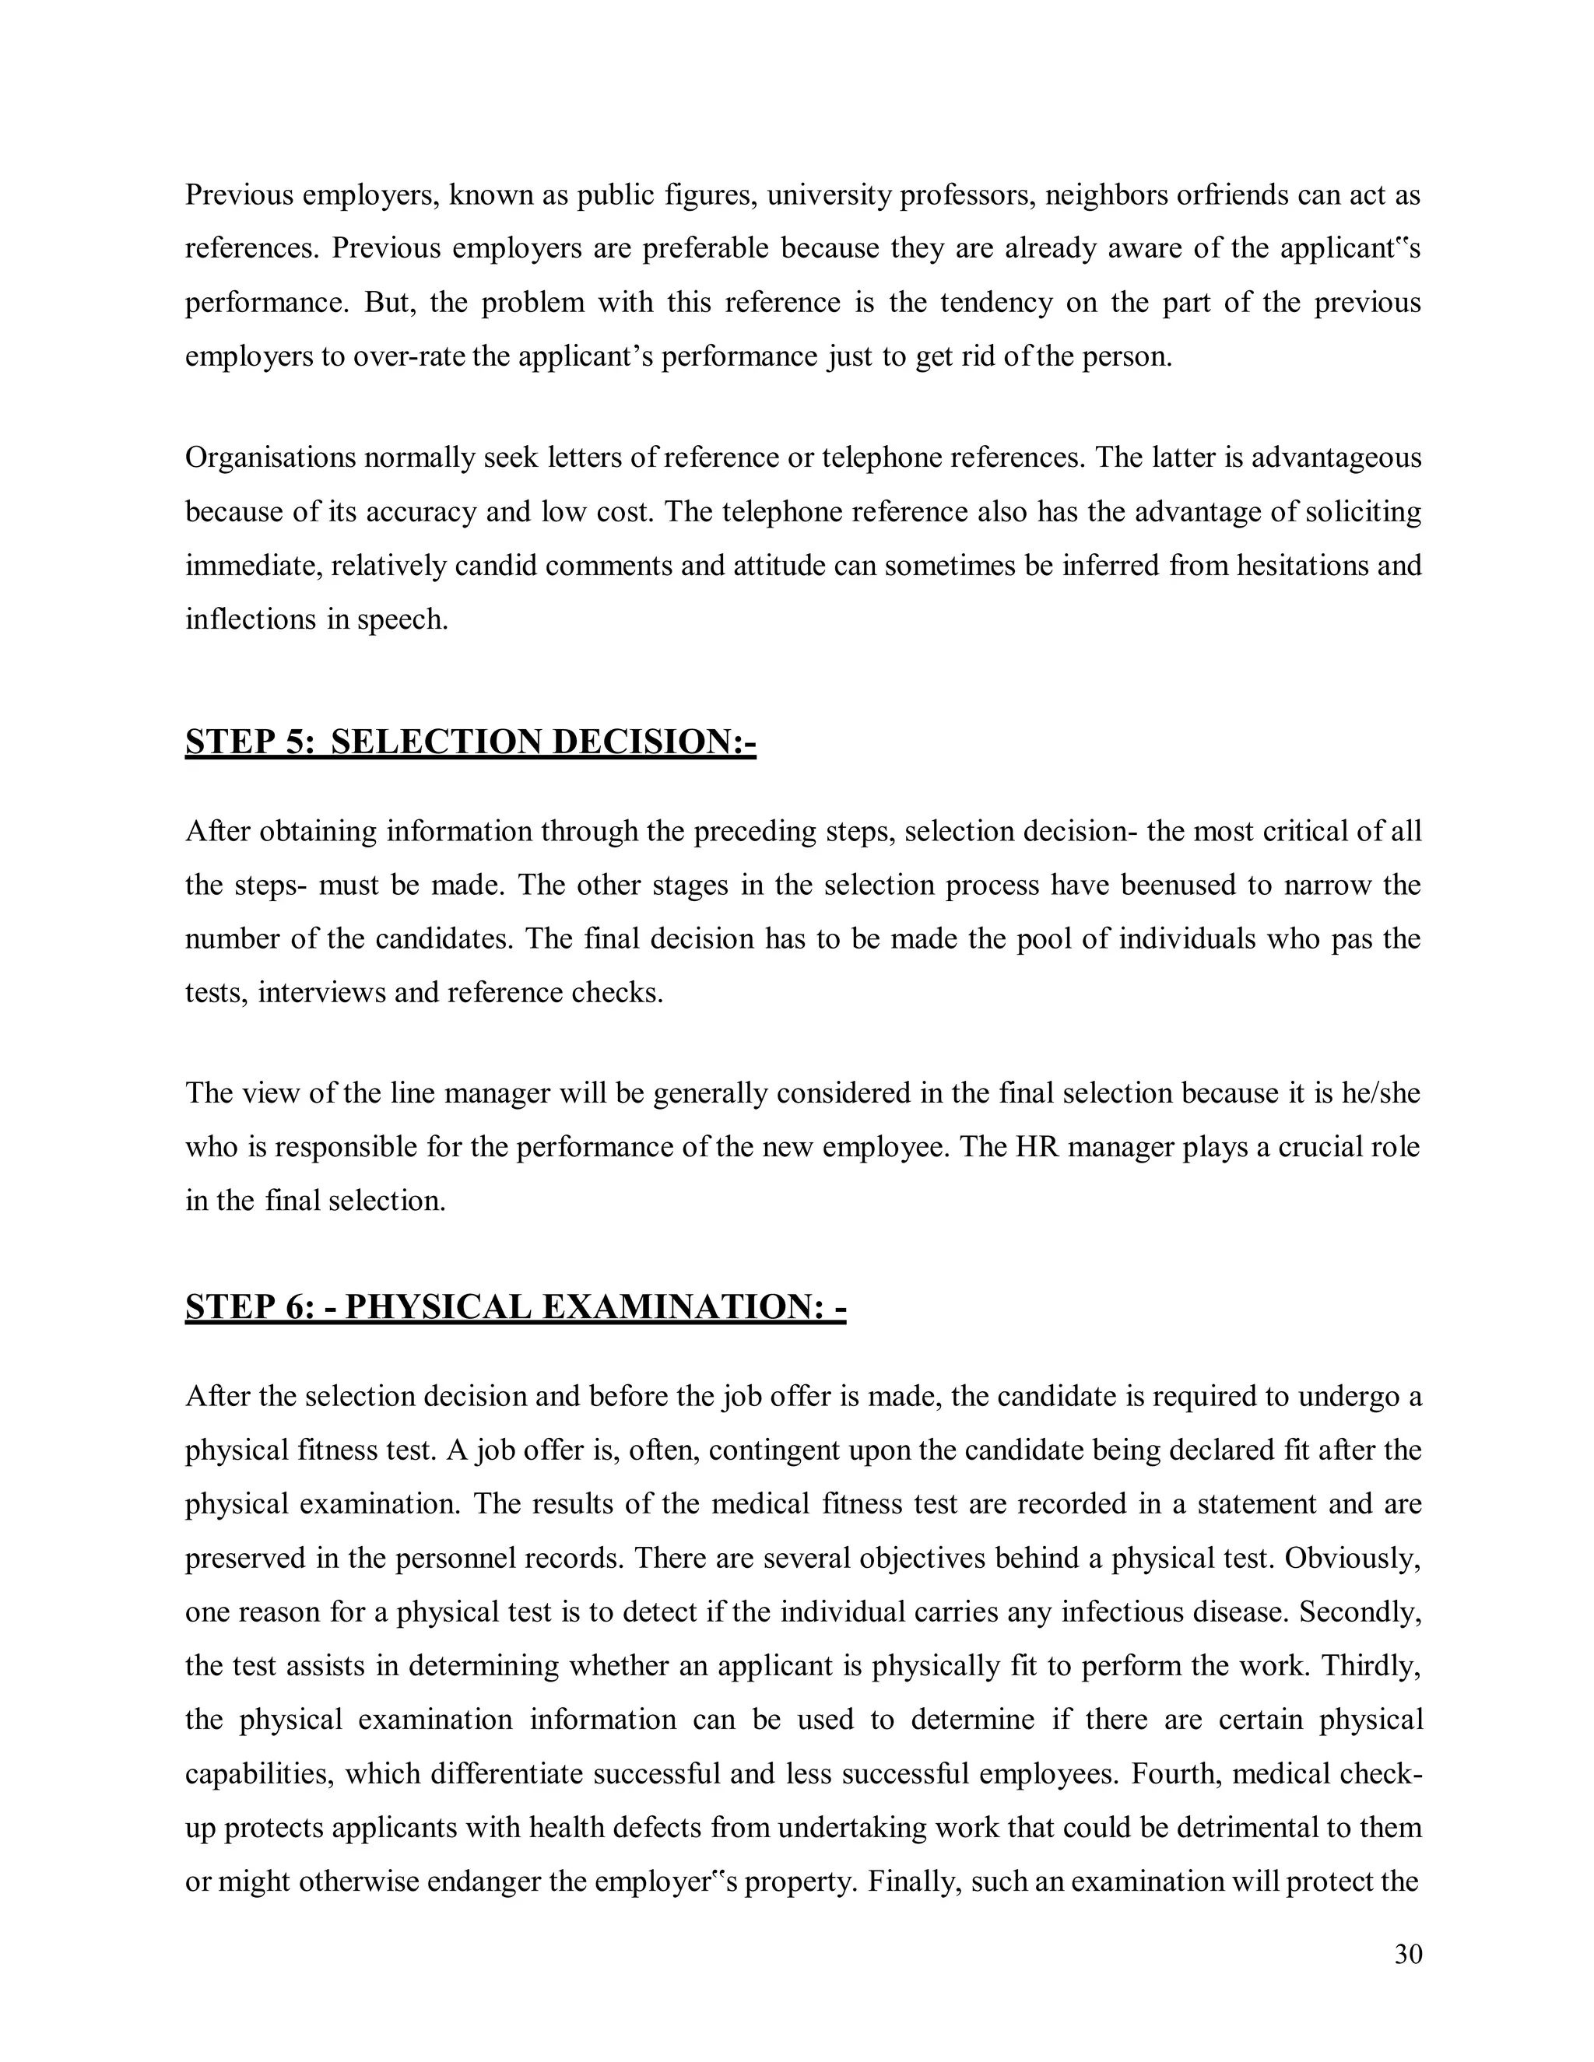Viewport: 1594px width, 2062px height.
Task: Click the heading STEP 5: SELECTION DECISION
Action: (470, 742)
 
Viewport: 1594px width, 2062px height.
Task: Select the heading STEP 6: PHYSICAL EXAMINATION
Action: (514, 1308)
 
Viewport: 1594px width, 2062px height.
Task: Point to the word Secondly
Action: (1360, 1611)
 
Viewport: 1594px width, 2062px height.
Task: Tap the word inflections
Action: (249, 619)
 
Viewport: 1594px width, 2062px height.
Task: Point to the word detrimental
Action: (1247, 1828)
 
